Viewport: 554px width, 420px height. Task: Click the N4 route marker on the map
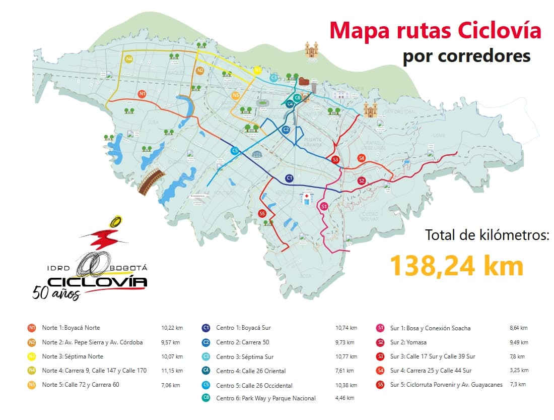coord(129,59)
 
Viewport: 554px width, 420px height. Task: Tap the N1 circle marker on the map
coord(143,94)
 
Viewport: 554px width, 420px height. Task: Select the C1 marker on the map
coord(289,178)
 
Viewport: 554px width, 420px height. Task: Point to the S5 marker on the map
coord(262,214)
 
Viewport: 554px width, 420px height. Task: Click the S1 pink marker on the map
coord(324,206)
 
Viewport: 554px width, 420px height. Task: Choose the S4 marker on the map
coord(361,158)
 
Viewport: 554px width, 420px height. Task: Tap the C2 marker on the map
coord(286,130)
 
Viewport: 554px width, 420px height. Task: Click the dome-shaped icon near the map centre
coord(257,154)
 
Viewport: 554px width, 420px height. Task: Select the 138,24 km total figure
coord(457,265)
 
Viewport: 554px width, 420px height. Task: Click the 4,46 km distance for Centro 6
coord(346,398)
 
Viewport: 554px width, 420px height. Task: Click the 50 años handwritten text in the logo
coord(56,292)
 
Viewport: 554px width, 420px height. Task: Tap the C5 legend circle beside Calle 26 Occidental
coord(206,385)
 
